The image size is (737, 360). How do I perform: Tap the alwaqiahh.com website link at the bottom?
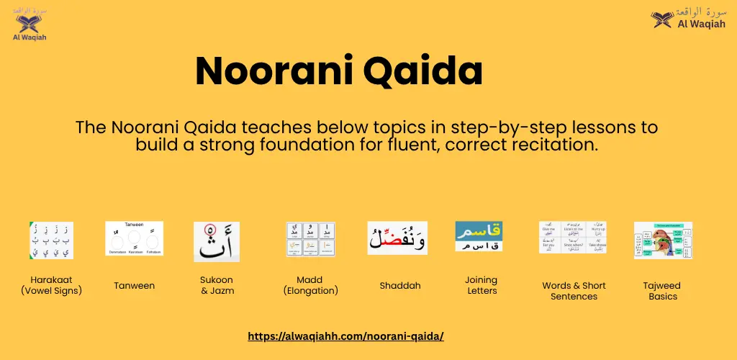tap(345, 336)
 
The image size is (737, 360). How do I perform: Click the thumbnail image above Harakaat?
tap(51, 240)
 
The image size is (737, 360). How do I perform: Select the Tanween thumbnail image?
tap(134, 238)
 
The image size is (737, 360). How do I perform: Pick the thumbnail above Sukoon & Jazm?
tap(216, 241)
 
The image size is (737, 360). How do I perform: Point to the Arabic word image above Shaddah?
tap(397, 238)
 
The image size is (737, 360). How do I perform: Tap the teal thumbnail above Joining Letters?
tap(479, 236)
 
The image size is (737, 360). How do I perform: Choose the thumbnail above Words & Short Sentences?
tap(573, 238)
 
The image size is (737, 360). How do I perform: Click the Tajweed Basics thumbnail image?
tap(662, 240)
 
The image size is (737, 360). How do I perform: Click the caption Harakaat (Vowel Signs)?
tap(51, 285)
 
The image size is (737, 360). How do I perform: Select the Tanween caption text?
tap(134, 286)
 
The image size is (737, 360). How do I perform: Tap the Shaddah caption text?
tap(400, 286)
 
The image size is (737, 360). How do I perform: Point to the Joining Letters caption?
tap(481, 285)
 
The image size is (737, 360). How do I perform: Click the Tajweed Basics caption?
tap(661, 291)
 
